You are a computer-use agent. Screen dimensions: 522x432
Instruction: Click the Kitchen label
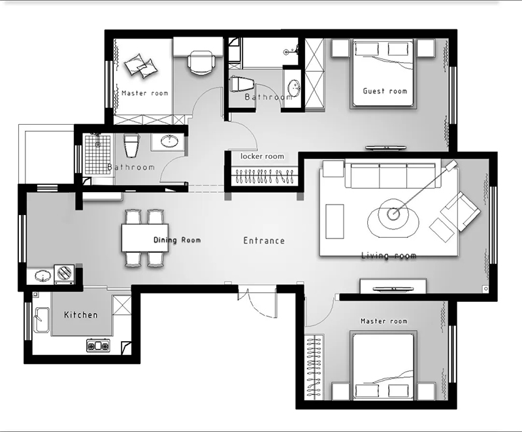click(81, 315)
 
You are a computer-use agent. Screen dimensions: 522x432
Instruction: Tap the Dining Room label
click(177, 240)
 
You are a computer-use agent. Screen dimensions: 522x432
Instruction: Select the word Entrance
click(264, 241)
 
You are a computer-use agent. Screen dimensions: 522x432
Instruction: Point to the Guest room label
click(385, 91)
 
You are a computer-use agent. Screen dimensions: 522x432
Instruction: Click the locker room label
click(263, 156)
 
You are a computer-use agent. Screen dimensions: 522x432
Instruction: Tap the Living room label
click(389, 256)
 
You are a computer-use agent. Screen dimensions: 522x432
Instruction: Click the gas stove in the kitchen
click(98, 346)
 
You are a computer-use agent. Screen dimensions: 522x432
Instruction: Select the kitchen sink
click(42, 320)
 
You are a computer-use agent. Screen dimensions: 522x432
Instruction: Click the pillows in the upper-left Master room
click(140, 65)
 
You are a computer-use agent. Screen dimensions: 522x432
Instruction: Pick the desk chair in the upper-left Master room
click(201, 63)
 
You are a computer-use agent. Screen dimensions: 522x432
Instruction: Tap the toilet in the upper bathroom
click(242, 84)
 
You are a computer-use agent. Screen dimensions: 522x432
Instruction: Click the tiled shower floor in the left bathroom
click(97, 154)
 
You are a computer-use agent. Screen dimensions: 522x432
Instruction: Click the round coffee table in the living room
click(393, 214)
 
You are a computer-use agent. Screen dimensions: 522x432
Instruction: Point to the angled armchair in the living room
click(461, 211)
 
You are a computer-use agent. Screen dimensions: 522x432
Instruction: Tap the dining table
click(145, 238)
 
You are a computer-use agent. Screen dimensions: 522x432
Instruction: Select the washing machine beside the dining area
click(64, 274)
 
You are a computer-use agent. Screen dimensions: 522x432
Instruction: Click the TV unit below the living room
click(393, 286)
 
